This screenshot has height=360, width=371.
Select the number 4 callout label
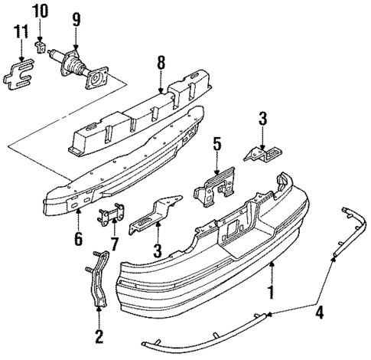(319, 312)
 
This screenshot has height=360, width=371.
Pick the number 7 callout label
(115, 245)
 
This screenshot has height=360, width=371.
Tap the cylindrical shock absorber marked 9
(73, 64)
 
